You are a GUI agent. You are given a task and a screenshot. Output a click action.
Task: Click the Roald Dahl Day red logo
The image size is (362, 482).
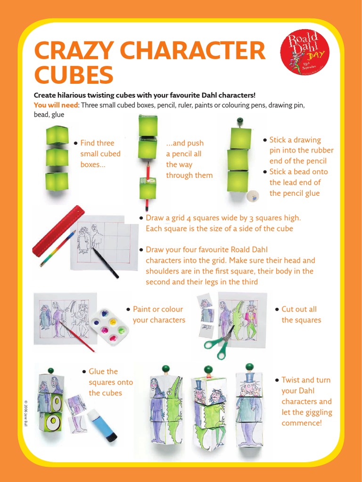(x=304, y=52)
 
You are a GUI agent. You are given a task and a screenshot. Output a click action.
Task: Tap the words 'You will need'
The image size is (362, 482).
(x=54, y=104)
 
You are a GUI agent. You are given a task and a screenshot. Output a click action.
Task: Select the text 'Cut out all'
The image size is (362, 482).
(x=299, y=309)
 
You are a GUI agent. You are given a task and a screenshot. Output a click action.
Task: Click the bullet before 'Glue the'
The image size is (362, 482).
(x=84, y=371)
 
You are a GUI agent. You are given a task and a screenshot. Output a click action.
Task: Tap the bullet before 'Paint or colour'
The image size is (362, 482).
(x=128, y=309)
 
